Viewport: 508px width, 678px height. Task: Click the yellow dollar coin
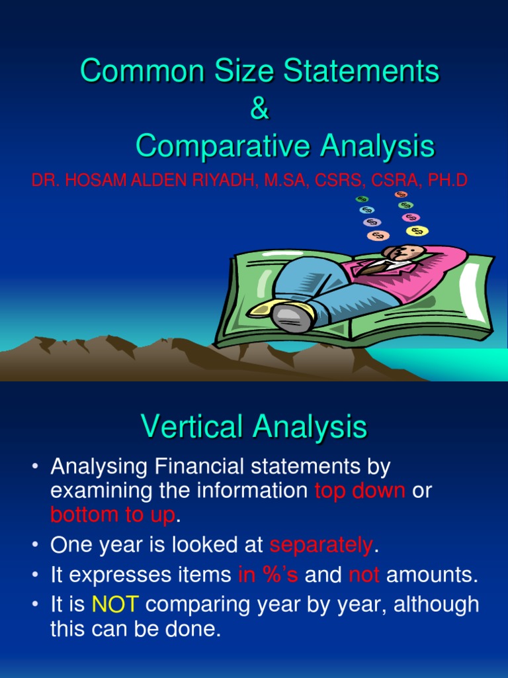417,230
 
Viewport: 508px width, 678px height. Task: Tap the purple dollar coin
372,222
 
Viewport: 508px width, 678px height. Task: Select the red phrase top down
360,491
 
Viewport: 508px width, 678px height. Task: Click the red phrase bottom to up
112,514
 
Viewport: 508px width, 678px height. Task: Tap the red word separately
321,545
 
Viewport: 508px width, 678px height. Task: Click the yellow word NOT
115,605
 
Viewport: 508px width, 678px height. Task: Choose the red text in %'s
268,575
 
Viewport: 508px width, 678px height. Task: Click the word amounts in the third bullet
431,575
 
